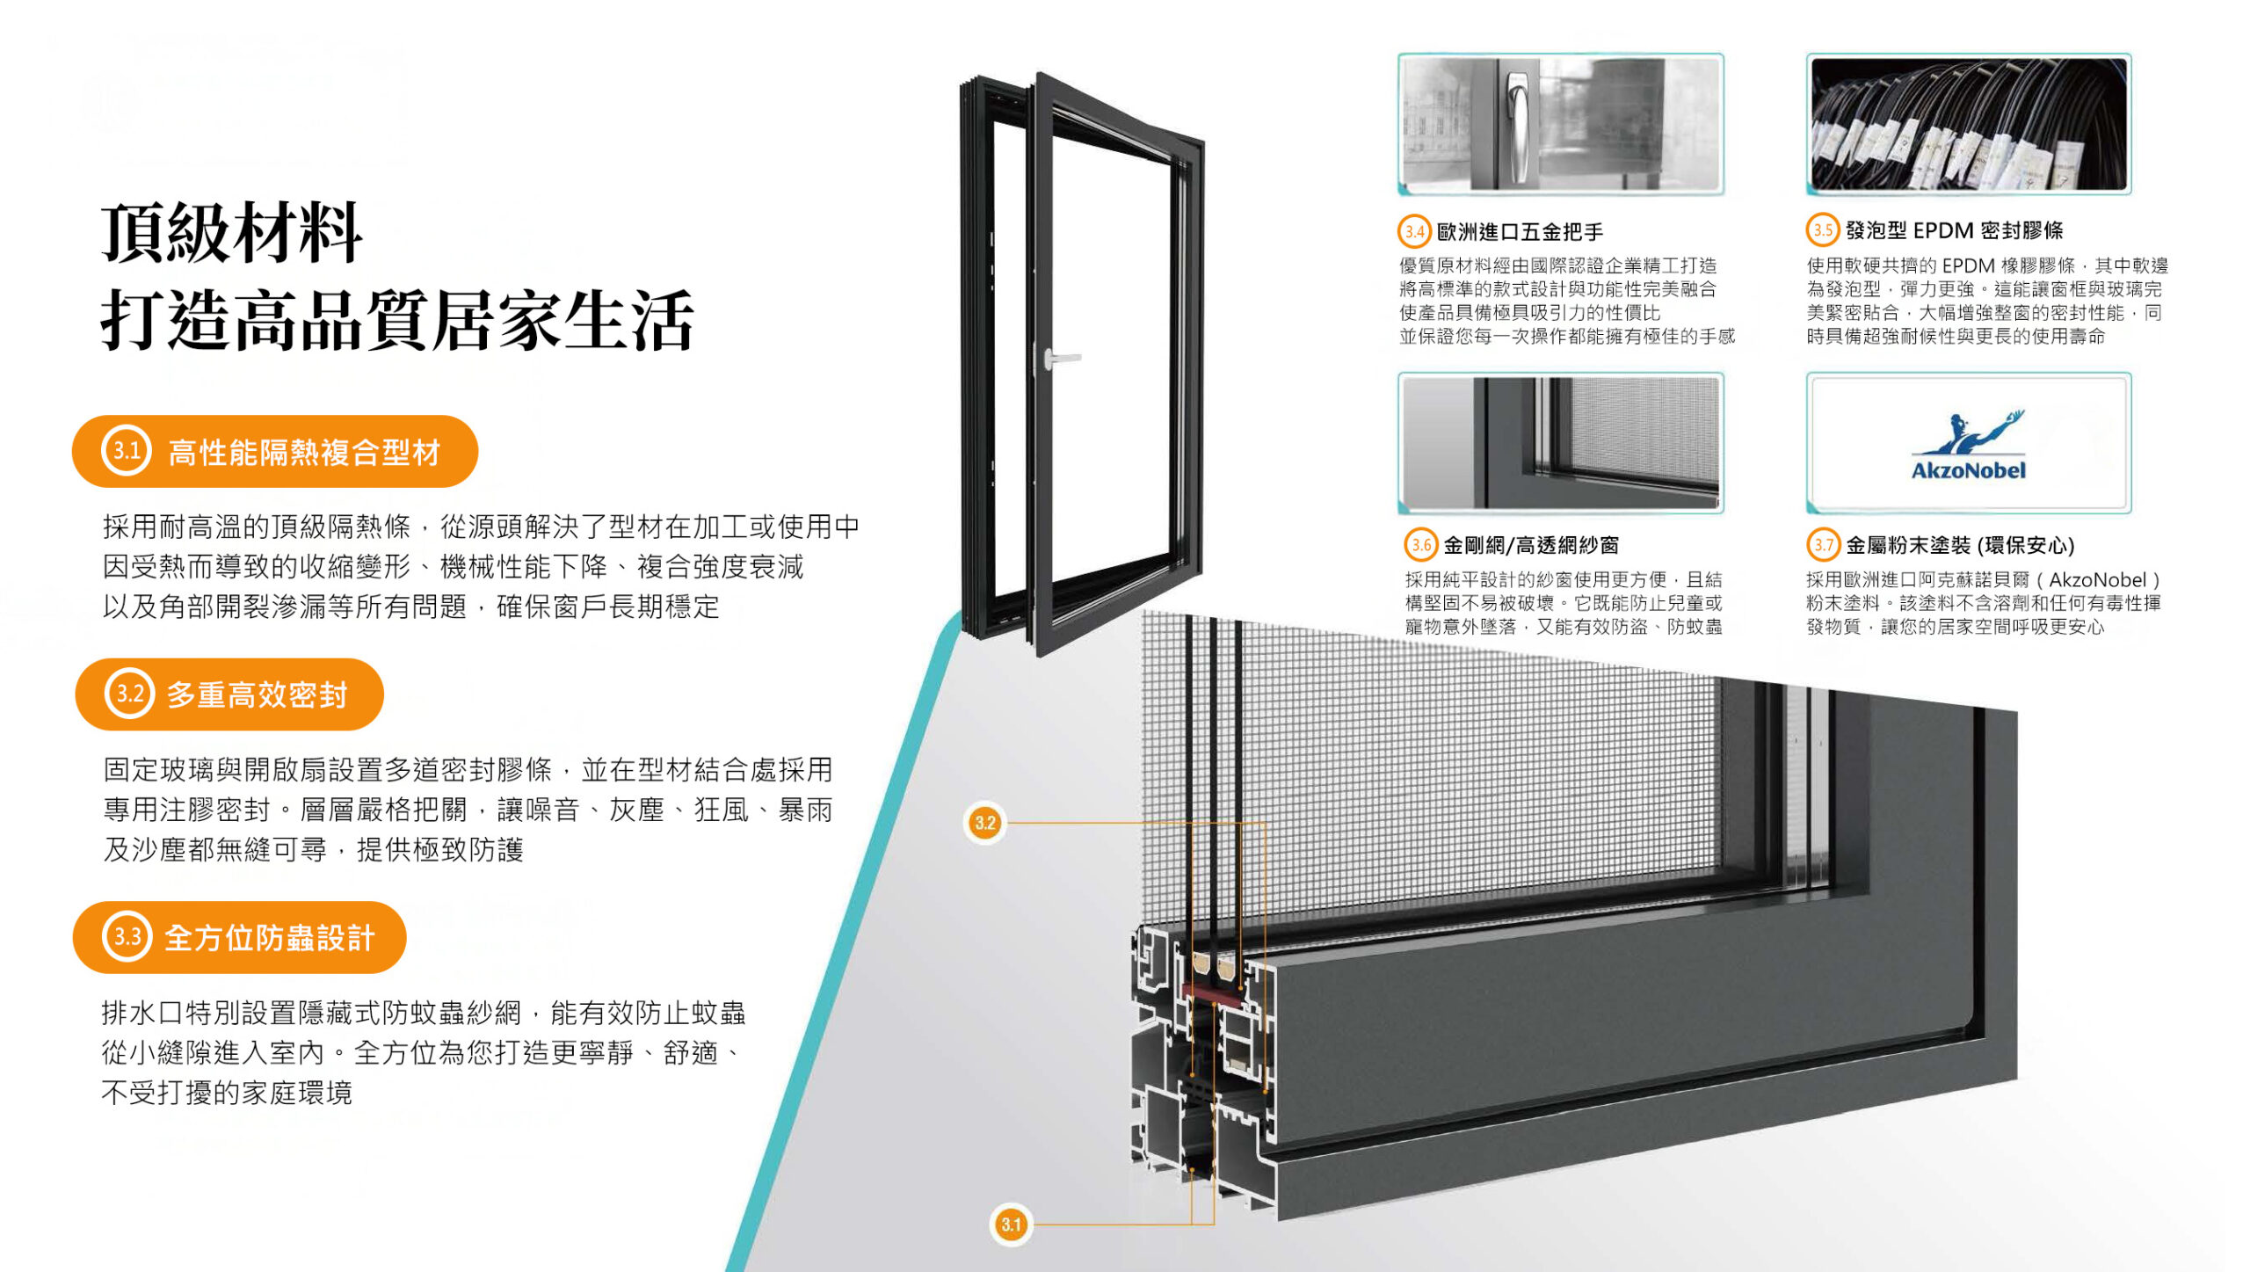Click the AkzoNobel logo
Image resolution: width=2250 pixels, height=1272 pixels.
1968,446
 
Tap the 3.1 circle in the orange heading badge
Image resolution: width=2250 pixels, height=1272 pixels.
127,451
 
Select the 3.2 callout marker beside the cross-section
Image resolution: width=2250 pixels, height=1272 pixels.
984,823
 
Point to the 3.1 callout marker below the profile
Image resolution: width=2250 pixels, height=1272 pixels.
1011,1224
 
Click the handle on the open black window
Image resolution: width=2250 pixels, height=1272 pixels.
1060,358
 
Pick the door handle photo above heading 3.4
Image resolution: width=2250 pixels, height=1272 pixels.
1560,123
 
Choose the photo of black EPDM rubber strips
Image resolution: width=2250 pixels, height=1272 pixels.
1968,123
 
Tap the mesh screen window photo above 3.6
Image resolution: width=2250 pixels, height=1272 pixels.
1560,442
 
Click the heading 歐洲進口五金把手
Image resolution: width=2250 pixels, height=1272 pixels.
1520,232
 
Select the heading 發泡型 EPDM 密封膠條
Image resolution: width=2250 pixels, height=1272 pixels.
1954,230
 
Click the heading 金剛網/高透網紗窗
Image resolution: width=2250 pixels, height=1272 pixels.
1530,545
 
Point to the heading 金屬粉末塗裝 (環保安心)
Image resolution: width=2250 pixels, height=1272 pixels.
1959,545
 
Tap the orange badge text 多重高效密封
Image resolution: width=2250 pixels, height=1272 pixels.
257,694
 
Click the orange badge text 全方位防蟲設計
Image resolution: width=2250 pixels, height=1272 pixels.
270,938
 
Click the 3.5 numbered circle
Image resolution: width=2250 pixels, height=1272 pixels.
1823,230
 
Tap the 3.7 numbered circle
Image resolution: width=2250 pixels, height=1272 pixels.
1823,545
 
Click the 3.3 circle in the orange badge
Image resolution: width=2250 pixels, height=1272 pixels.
127,937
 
